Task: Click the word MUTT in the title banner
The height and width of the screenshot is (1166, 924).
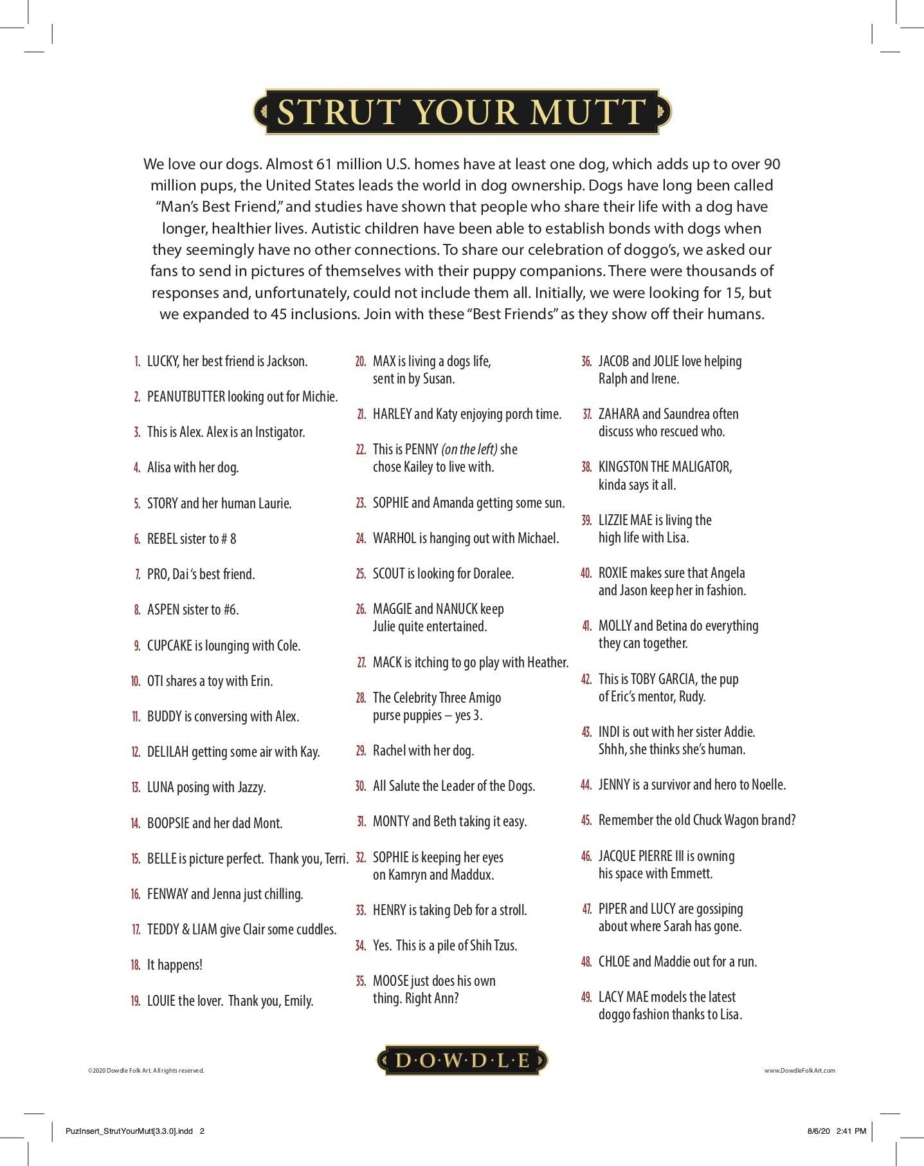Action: click(x=587, y=112)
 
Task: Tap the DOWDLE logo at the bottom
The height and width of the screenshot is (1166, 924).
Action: click(x=462, y=1060)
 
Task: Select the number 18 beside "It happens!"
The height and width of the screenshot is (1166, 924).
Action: click(x=135, y=965)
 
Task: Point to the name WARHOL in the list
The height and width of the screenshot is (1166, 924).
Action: click(x=395, y=538)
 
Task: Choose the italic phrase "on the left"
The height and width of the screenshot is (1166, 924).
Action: click(x=469, y=449)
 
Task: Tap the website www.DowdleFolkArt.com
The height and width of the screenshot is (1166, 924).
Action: click(x=799, y=1071)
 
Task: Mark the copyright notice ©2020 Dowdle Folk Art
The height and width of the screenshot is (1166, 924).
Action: click(x=145, y=1071)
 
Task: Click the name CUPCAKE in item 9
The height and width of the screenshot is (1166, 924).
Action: click(x=170, y=645)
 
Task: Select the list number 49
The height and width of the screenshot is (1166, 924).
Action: click(x=586, y=997)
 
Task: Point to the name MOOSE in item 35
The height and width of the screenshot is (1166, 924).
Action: click(x=391, y=981)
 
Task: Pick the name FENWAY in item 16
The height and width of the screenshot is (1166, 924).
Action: click(x=167, y=894)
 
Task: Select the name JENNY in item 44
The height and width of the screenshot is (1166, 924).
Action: click(x=614, y=784)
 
